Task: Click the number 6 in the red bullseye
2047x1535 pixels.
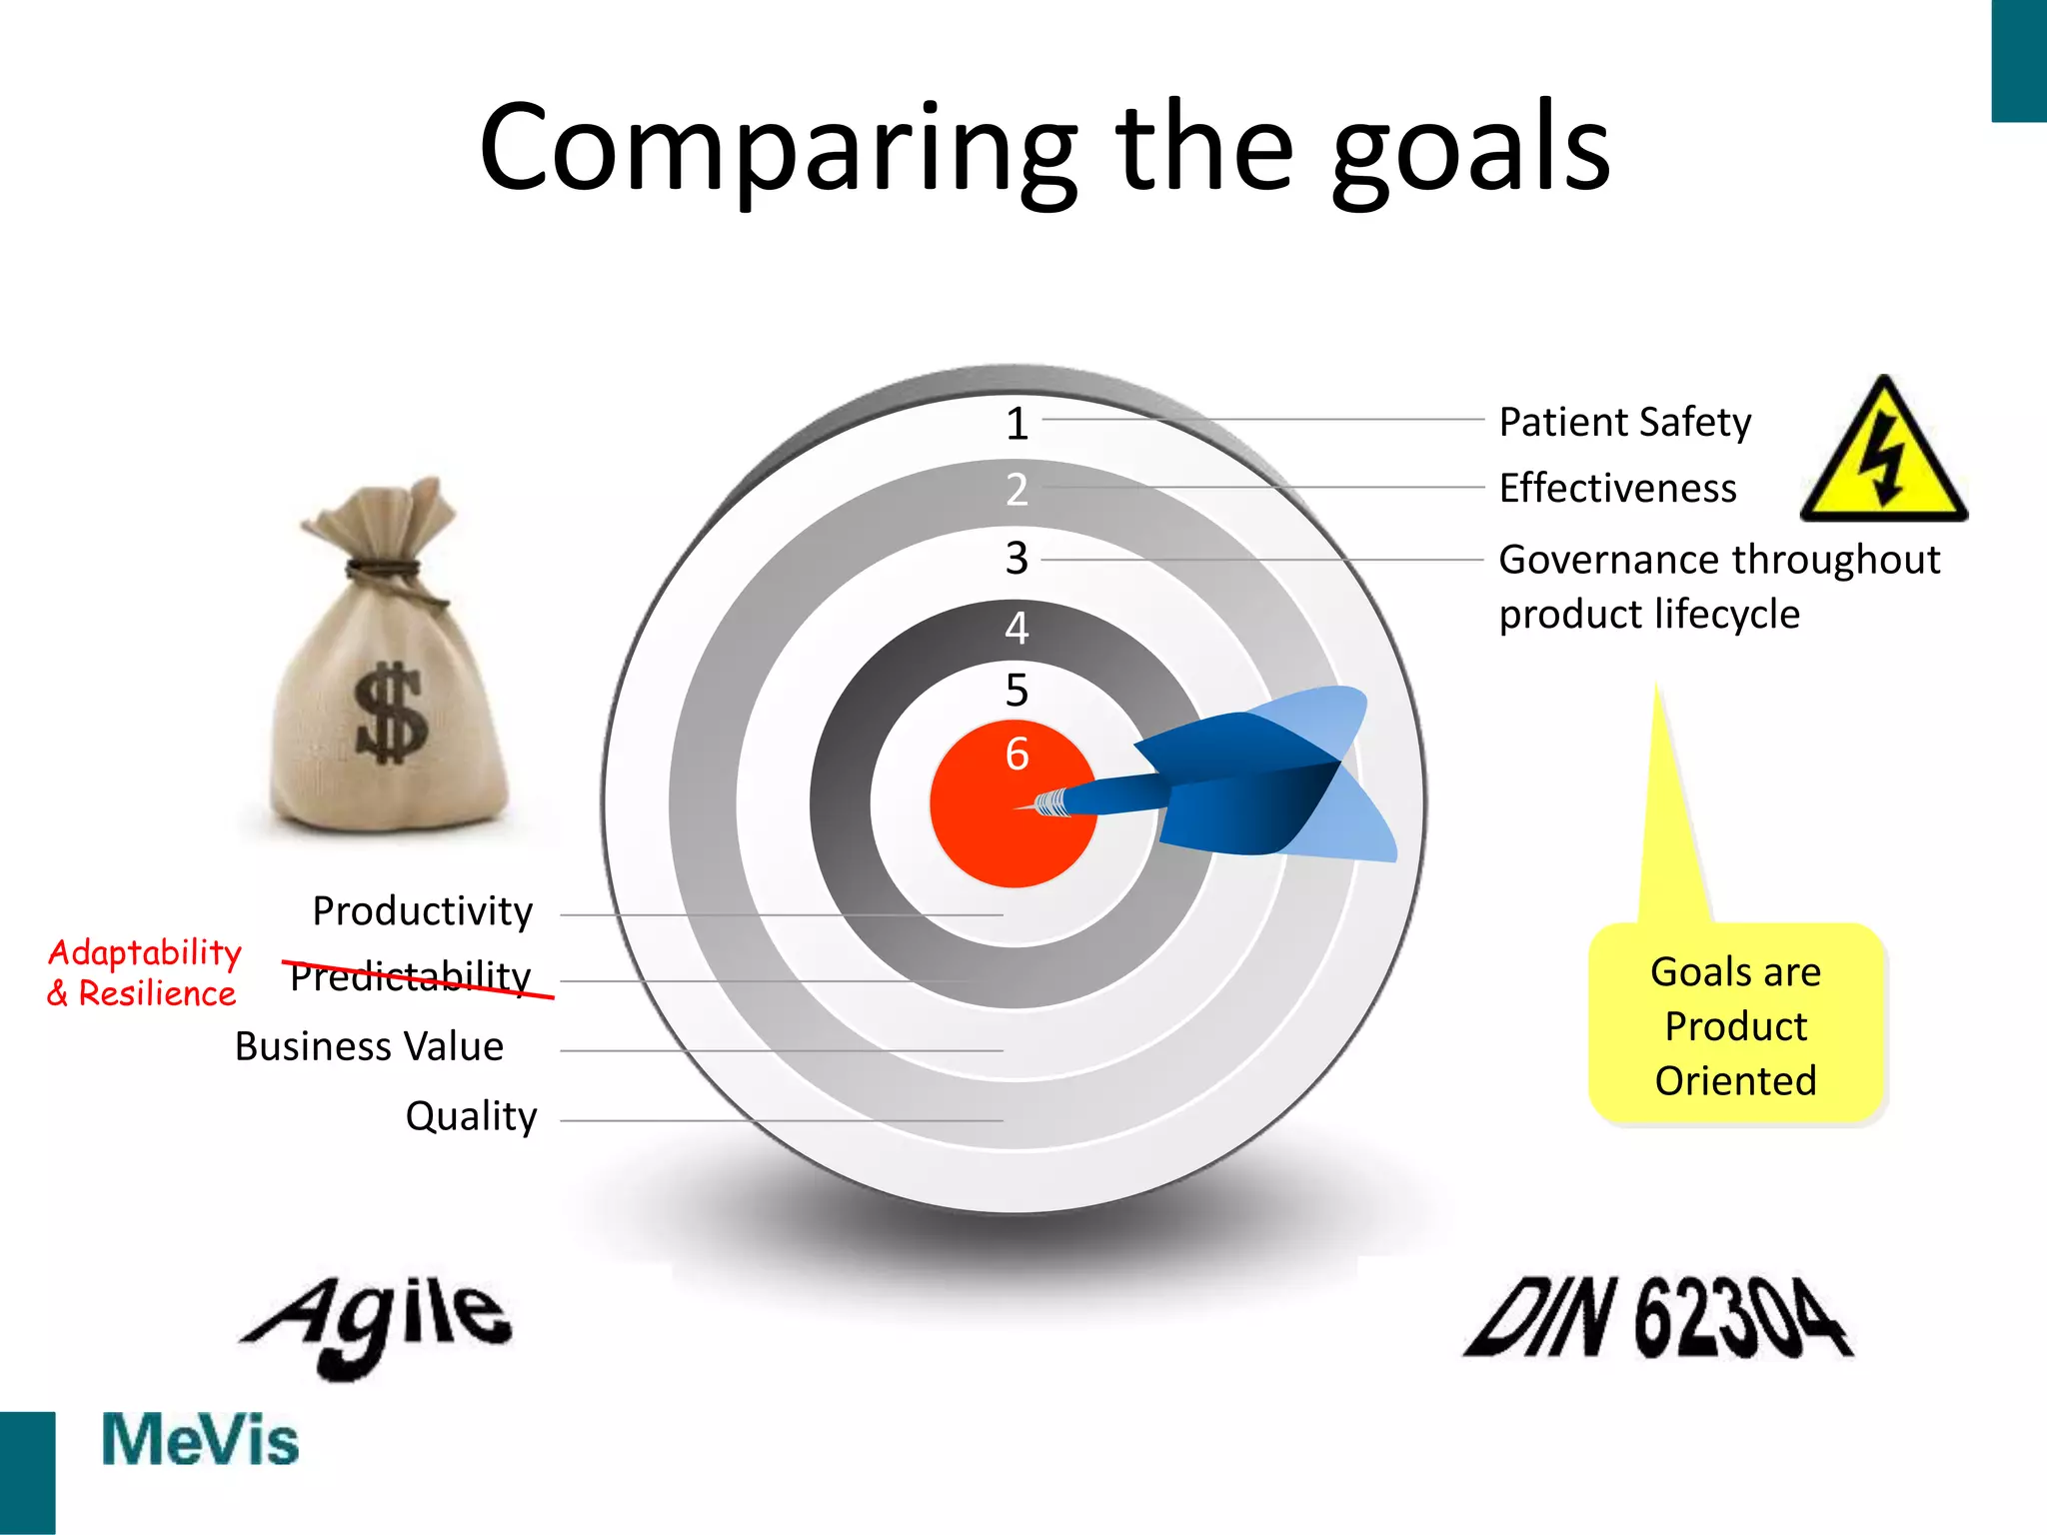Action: [1017, 754]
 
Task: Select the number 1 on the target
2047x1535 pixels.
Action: [1017, 424]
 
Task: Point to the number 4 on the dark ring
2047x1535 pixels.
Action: [1017, 628]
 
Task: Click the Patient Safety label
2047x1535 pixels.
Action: [1624, 422]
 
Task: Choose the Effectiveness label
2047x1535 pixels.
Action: [1617, 489]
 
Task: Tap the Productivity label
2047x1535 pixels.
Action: [422, 911]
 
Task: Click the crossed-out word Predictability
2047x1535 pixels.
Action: [411, 976]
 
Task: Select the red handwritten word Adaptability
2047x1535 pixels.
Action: [145, 952]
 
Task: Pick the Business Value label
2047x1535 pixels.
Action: [369, 1046]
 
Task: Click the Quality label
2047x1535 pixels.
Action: [471, 1115]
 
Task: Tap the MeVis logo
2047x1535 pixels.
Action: [200, 1440]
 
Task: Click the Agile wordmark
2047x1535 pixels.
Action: [378, 1324]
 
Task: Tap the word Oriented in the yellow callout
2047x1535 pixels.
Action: [1735, 1081]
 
